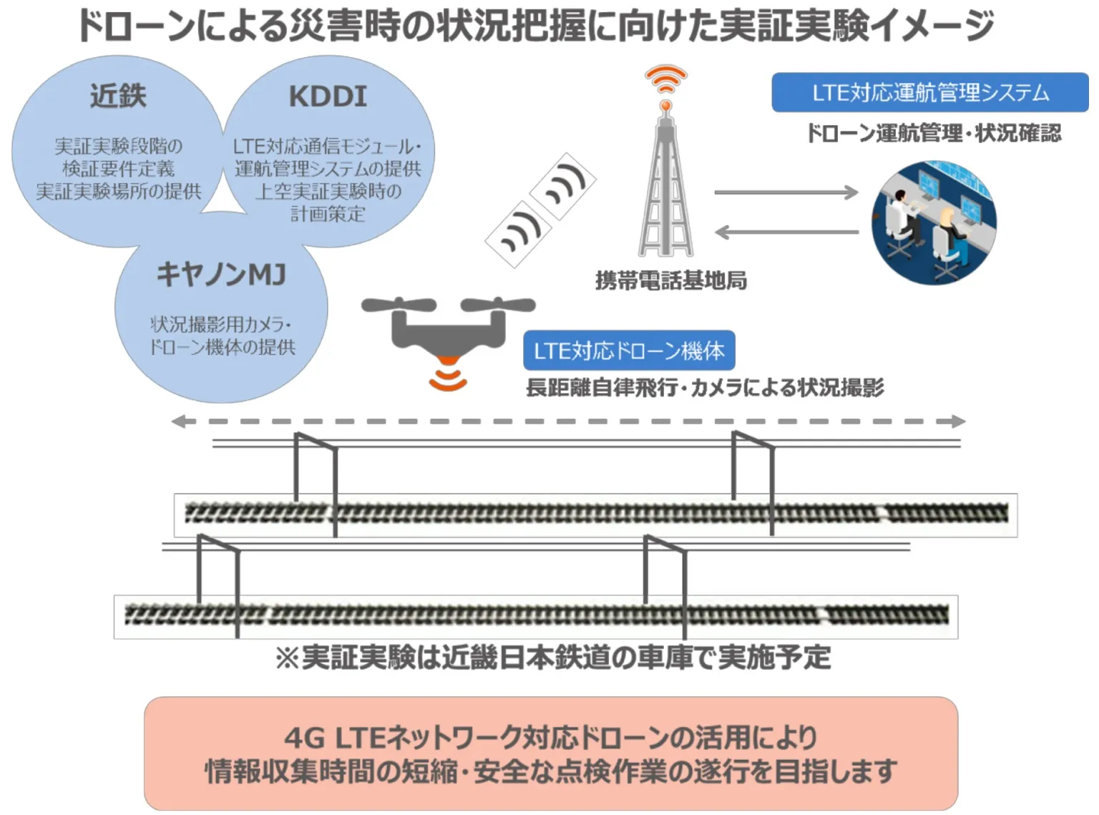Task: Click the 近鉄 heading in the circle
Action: pyautogui.click(x=119, y=96)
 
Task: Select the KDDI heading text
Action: pyautogui.click(x=328, y=97)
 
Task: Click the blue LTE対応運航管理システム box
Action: pyautogui.click(x=930, y=93)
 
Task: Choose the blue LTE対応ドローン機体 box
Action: pyautogui.click(x=629, y=351)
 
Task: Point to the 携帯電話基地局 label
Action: pyautogui.click(x=671, y=280)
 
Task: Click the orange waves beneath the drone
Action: pyautogui.click(x=448, y=378)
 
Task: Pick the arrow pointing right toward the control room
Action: pyautogui.click(x=786, y=192)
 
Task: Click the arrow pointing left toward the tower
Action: pyautogui.click(x=786, y=232)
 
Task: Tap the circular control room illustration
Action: pyautogui.click(x=934, y=223)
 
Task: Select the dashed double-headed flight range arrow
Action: pyautogui.click(x=568, y=421)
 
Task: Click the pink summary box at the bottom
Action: pyautogui.click(x=551, y=753)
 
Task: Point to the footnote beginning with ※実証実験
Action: pyautogui.click(x=553, y=658)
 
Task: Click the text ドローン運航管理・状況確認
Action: pyautogui.click(x=934, y=133)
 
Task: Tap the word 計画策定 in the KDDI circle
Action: pyautogui.click(x=328, y=214)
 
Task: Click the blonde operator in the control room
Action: pyautogui.click(x=949, y=238)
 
